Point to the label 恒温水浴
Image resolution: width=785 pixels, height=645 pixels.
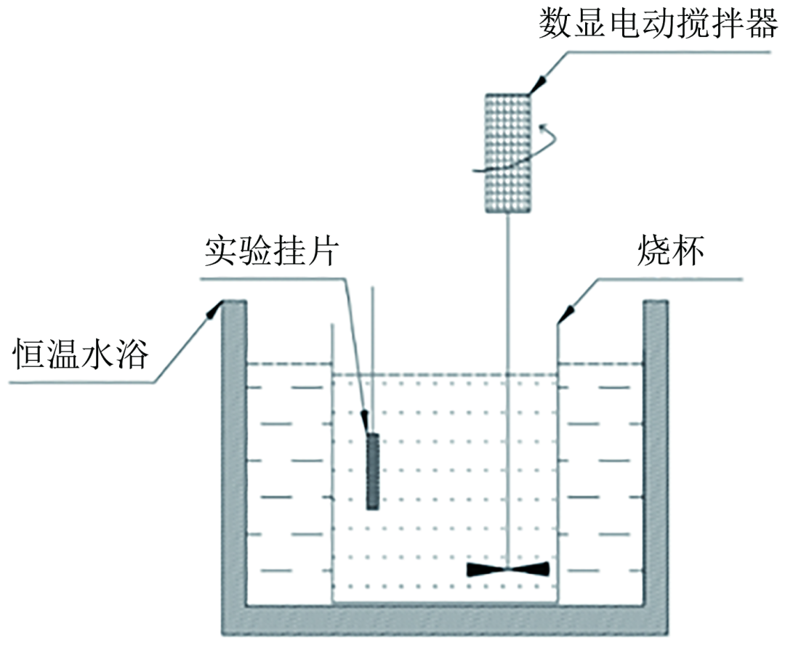pyautogui.click(x=81, y=355)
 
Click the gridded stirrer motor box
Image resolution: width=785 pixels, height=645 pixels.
pyautogui.click(x=508, y=153)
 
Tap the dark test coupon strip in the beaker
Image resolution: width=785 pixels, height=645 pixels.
pyautogui.click(x=373, y=471)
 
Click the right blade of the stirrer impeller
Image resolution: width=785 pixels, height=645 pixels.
pyautogui.click(x=531, y=570)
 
